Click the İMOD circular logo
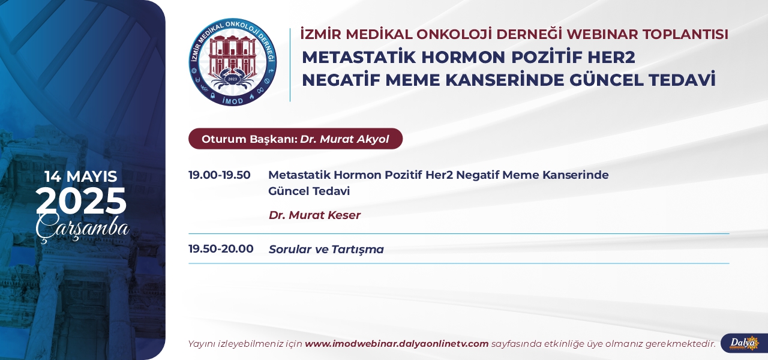tap(233, 62)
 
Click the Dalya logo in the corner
tap(744, 343)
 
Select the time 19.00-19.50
tap(220, 175)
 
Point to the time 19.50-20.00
tap(221, 248)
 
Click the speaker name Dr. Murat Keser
tap(314, 215)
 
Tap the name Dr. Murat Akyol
tap(344, 139)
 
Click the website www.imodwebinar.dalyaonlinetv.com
tap(397, 344)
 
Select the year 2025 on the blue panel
tap(81, 200)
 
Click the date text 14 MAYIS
tap(81, 176)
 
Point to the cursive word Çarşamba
tap(82, 228)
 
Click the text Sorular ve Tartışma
tap(326, 249)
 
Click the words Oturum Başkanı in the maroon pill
tap(249, 139)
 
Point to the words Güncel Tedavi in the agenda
tap(309, 191)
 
